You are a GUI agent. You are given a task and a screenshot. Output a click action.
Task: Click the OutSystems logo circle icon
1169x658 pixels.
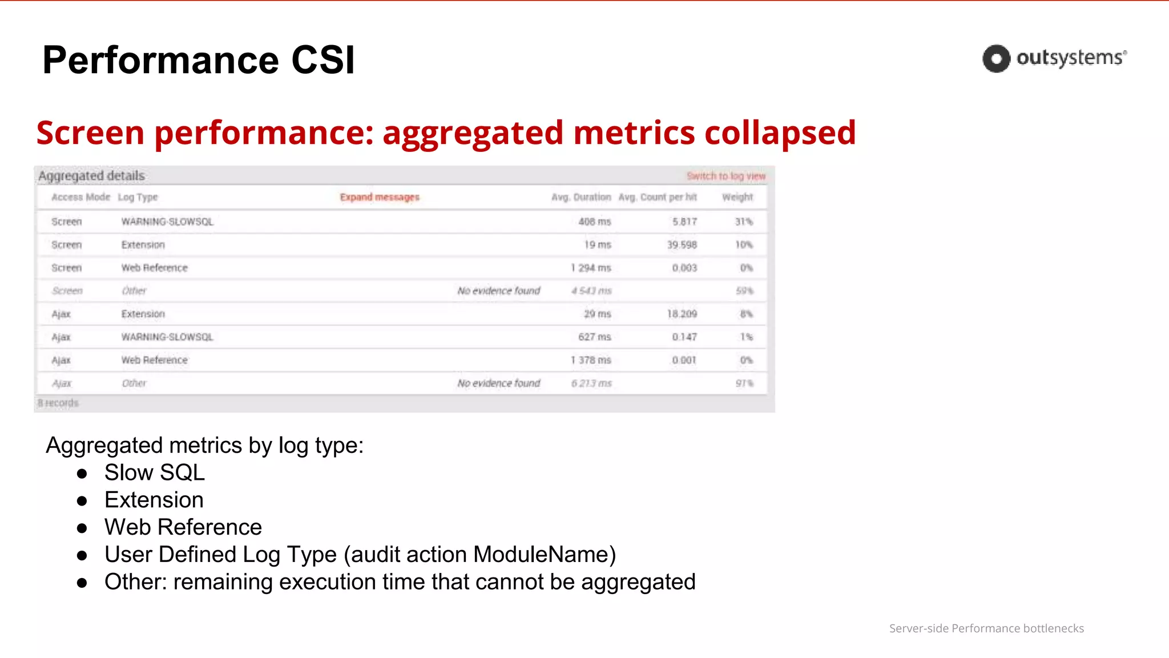point(996,59)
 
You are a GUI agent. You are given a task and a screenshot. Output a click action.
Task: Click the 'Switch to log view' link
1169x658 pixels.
point(725,176)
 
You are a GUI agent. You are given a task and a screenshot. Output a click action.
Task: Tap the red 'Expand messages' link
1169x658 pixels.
point(380,197)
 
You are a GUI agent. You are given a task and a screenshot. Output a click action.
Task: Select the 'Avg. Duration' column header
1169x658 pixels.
point(581,197)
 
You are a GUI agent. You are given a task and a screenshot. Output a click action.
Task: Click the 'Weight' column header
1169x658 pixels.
point(737,197)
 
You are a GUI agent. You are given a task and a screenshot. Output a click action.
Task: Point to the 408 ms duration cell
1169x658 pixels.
point(594,222)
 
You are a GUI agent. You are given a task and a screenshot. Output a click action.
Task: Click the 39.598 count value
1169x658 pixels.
point(682,244)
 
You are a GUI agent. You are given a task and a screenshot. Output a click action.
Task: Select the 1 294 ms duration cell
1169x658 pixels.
point(590,268)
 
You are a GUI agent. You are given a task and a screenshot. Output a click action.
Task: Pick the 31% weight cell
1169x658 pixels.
point(743,222)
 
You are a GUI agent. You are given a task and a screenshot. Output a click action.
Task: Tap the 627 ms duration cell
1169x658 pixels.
point(594,337)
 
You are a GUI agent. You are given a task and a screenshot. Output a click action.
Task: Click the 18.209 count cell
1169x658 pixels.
point(682,314)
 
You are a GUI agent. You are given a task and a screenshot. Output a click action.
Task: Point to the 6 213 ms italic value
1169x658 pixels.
point(591,383)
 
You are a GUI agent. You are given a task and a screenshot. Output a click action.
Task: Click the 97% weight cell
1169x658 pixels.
point(744,383)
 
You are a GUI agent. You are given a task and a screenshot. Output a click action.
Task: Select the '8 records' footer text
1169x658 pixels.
point(58,403)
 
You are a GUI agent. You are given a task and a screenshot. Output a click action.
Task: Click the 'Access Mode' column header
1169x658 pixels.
point(80,197)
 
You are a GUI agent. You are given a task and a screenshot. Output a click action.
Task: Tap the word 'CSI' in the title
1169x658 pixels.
point(323,60)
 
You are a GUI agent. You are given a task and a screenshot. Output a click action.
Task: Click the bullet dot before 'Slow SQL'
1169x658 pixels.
point(82,474)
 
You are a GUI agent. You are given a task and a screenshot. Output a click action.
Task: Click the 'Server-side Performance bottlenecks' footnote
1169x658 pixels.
point(986,628)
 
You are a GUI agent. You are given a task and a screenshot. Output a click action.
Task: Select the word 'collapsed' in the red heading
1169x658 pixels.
point(780,133)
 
